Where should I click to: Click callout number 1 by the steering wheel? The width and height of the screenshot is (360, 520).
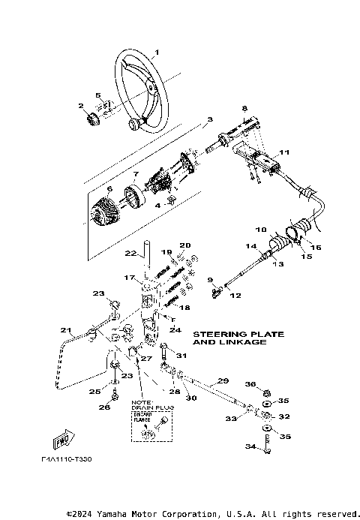pyautogui.click(x=157, y=53)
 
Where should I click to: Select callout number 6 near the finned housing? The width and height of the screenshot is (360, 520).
pyautogui.click(x=88, y=189)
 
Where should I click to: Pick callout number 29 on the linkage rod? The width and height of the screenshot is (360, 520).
pyautogui.click(x=223, y=380)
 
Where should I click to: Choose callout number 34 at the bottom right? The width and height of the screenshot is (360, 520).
pyautogui.click(x=249, y=446)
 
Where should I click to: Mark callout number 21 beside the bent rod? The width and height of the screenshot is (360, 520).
pyautogui.click(x=66, y=329)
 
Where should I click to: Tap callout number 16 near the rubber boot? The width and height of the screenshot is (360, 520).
pyautogui.click(x=316, y=246)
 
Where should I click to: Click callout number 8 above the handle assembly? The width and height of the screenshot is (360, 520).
pyautogui.click(x=244, y=108)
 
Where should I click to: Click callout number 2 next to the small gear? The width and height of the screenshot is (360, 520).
pyautogui.click(x=80, y=107)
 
